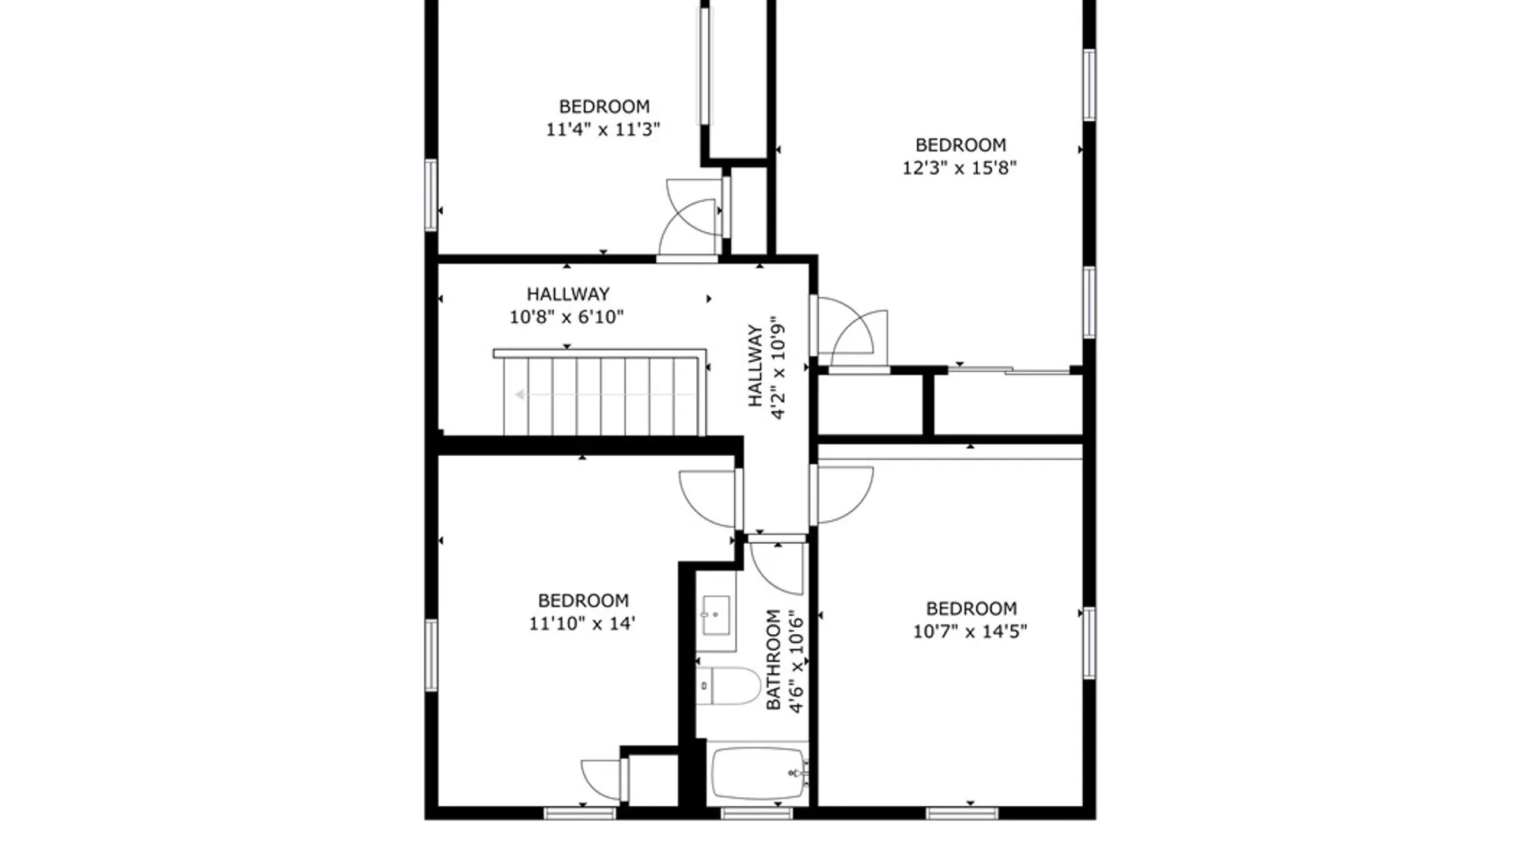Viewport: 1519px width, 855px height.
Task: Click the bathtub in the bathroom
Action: click(x=758, y=774)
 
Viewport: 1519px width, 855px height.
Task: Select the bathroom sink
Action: click(x=717, y=614)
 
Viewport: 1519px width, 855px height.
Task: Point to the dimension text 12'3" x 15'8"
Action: click(x=960, y=168)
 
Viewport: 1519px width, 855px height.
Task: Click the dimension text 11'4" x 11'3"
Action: click(x=603, y=129)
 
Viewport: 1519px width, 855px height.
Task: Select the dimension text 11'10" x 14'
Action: click(x=582, y=623)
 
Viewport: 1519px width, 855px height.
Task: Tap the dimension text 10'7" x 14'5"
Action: click(x=970, y=631)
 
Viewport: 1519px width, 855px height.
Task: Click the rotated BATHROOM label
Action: click(x=773, y=659)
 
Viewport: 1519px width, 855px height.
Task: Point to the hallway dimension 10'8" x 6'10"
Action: click(x=566, y=317)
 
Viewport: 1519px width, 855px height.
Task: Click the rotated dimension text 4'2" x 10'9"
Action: click(x=778, y=368)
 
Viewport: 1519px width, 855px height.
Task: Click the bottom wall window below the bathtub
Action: click(x=756, y=813)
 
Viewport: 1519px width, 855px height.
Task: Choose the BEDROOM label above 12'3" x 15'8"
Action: click(x=960, y=145)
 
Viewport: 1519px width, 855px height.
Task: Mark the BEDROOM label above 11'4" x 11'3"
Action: click(x=604, y=106)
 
